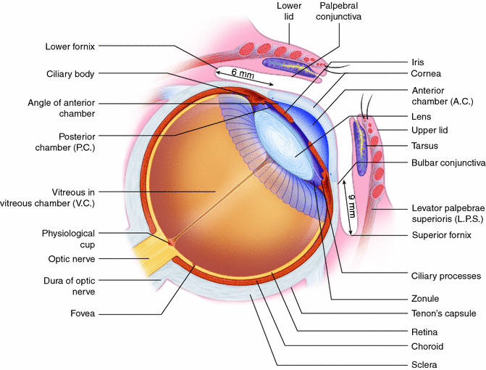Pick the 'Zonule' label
(427, 298)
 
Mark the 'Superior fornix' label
(441, 234)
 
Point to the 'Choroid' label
(428, 347)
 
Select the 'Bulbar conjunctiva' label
(448, 163)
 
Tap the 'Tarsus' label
(427, 146)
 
